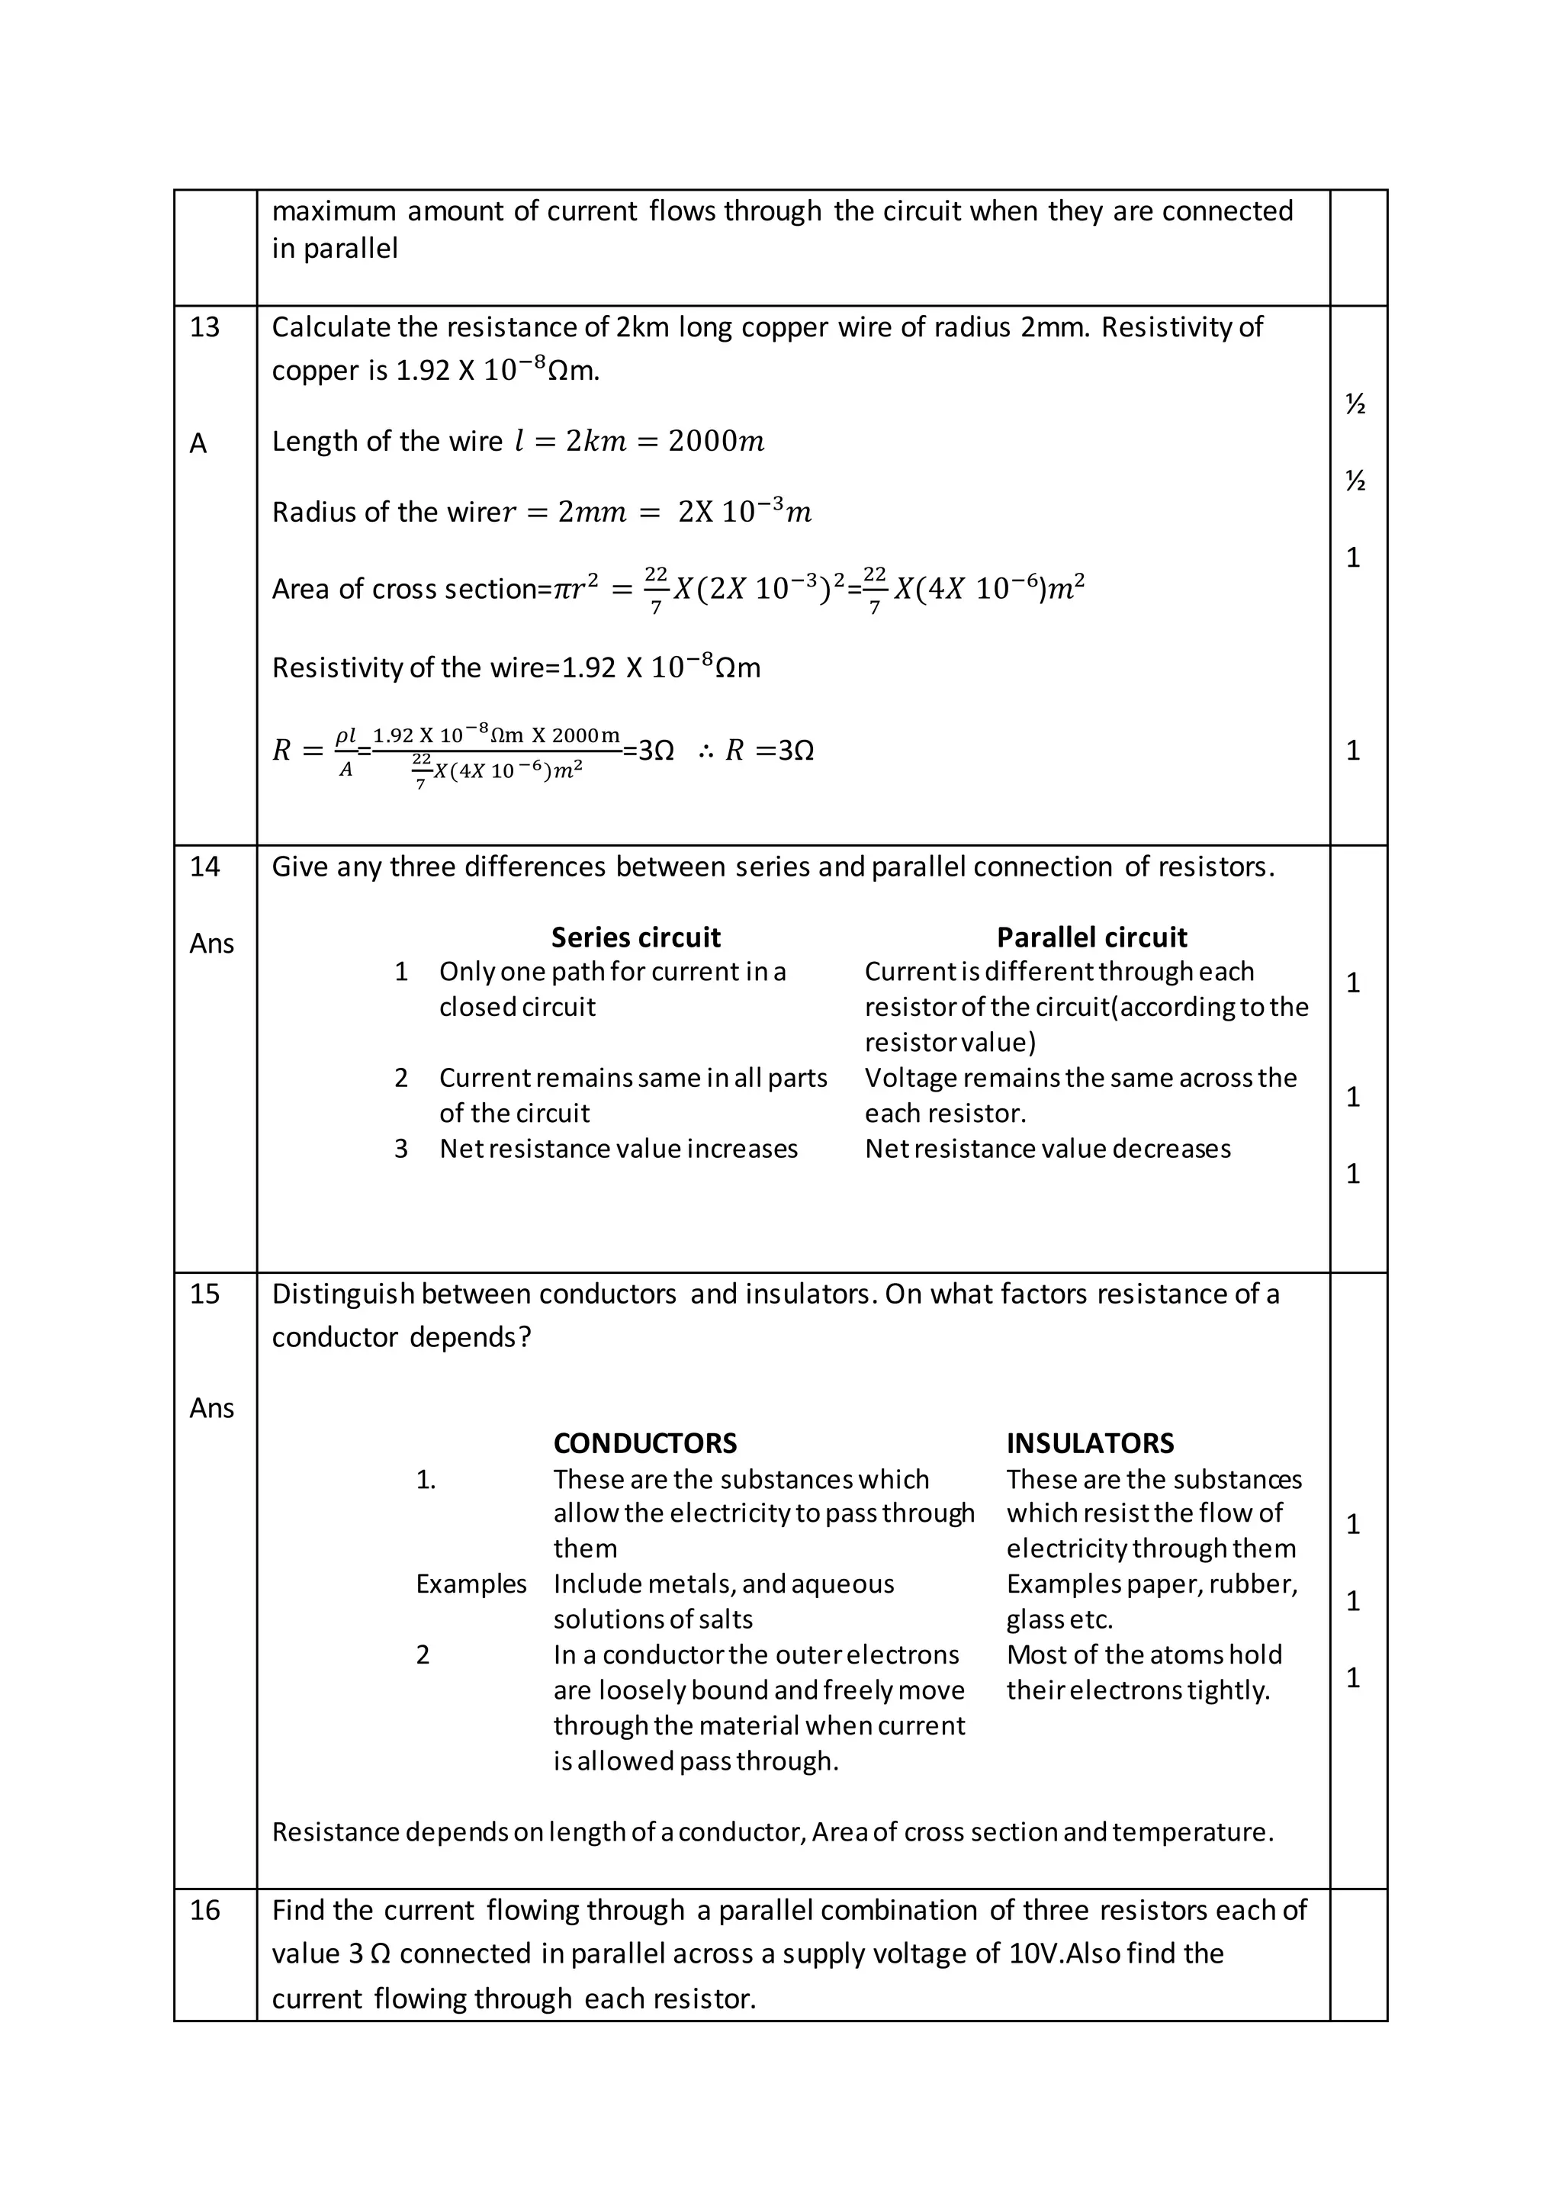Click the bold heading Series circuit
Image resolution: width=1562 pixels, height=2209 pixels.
[x=636, y=937]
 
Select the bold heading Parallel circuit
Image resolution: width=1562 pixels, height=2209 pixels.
[x=1091, y=937]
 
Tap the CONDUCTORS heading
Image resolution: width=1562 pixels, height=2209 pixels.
[x=644, y=1443]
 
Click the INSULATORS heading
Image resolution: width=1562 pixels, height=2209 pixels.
[x=1090, y=1443]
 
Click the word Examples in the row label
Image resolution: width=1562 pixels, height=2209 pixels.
[x=471, y=1584]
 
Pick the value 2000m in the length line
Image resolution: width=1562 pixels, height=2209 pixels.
[x=717, y=442]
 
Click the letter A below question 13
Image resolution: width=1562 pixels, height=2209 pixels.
[x=198, y=443]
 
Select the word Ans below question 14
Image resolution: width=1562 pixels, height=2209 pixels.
[x=211, y=944]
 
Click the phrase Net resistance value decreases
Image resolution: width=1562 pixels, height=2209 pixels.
[x=1047, y=1149]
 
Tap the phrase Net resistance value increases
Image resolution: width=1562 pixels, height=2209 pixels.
[x=619, y=1149]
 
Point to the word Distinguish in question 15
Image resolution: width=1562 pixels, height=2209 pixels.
[x=342, y=1294]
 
